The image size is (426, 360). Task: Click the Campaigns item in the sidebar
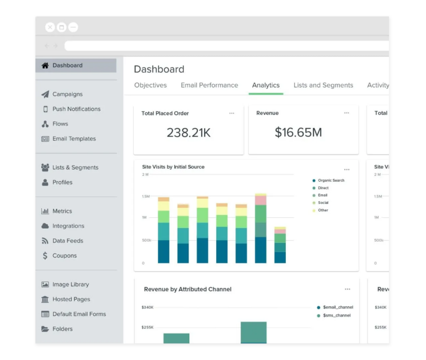coord(67,94)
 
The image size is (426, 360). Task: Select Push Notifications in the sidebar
coord(76,109)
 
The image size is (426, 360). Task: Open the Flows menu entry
coord(60,124)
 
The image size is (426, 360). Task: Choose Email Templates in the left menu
coord(74,139)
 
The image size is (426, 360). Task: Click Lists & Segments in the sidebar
coord(75,167)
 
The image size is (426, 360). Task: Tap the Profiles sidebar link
coord(62,182)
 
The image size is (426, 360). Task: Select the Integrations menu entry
coord(68,226)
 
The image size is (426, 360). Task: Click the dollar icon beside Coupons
coord(45,256)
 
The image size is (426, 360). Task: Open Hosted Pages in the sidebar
coord(71,299)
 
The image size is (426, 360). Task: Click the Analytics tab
coord(266,86)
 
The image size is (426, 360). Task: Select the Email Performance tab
coord(209,86)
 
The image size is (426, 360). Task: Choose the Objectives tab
coord(150,86)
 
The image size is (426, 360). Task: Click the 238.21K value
coord(189,133)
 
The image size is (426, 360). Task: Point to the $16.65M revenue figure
coord(298,133)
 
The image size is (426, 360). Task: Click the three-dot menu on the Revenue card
coord(347,113)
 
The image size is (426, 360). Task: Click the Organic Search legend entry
coord(331,181)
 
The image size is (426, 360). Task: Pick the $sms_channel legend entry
coord(337,315)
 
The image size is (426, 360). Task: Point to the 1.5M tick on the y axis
coord(146,197)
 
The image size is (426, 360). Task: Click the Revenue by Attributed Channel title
coord(188,290)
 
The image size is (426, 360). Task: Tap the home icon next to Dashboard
coord(45,66)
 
